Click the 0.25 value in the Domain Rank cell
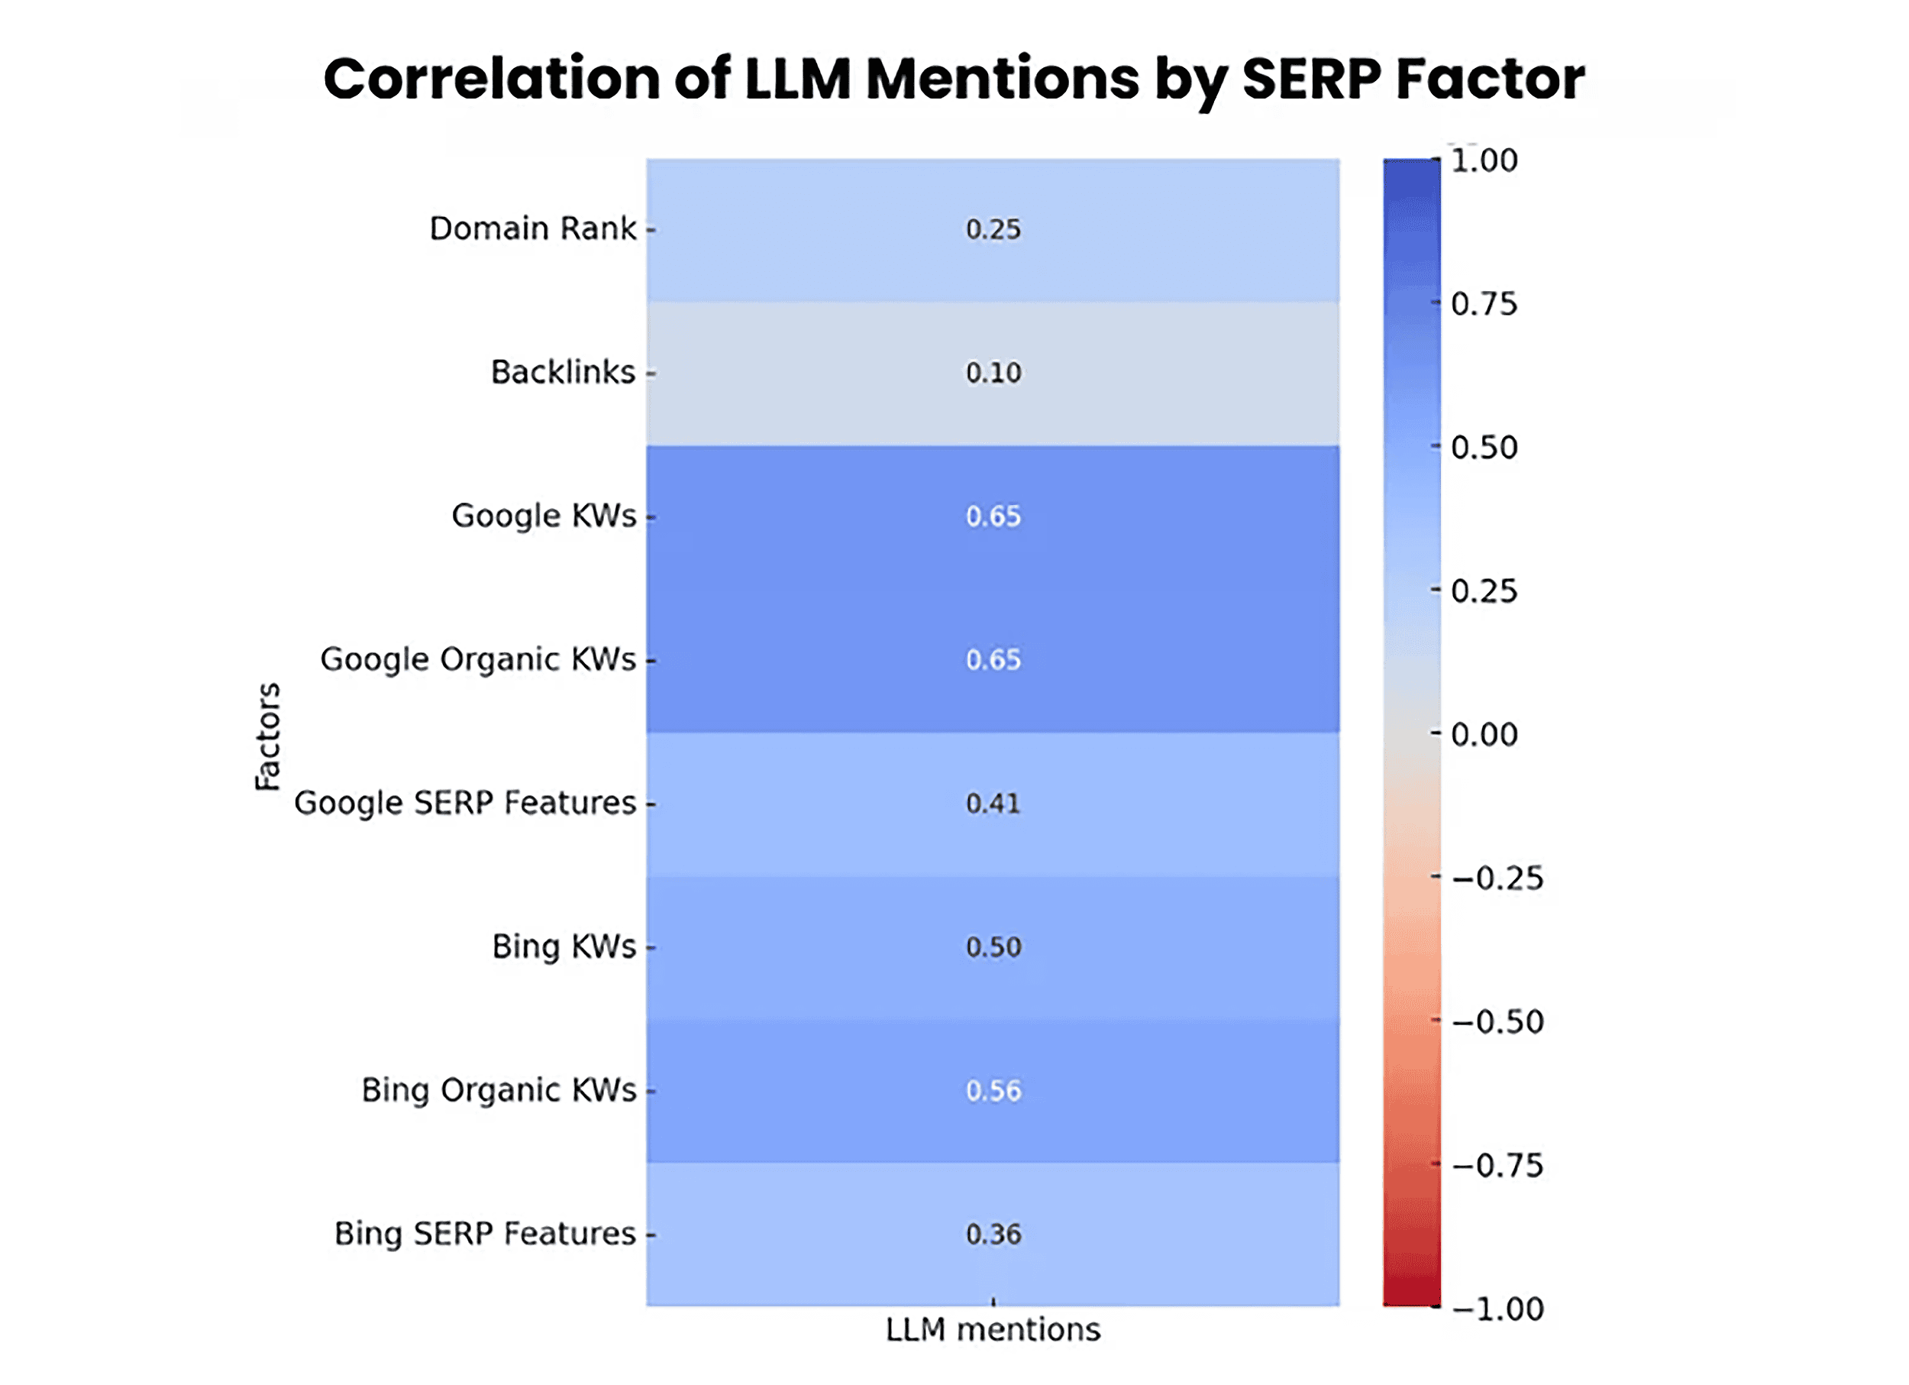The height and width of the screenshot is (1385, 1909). (x=993, y=229)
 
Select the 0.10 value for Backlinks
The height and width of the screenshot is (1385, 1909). (x=993, y=372)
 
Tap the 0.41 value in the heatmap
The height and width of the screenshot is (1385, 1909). (x=993, y=803)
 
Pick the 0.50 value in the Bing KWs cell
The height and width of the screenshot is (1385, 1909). (x=993, y=947)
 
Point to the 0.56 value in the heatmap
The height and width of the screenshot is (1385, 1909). (x=993, y=1090)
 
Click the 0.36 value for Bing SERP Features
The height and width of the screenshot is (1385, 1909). (x=993, y=1235)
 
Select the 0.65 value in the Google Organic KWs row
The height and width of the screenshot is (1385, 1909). (x=993, y=659)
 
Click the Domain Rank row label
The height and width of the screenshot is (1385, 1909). (x=532, y=228)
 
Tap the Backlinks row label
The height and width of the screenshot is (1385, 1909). (x=562, y=372)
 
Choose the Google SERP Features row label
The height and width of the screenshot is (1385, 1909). (x=464, y=803)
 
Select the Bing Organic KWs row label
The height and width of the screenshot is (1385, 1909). (x=499, y=1090)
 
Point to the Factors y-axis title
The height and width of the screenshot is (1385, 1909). (x=268, y=736)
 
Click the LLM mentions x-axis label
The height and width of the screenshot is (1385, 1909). (x=993, y=1329)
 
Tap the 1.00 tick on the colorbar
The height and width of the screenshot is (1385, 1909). (x=1483, y=160)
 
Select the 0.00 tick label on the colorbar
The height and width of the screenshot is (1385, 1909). (x=1483, y=734)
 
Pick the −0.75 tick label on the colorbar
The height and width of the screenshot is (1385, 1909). (x=1497, y=1165)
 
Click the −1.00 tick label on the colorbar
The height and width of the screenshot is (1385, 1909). (x=1497, y=1309)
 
